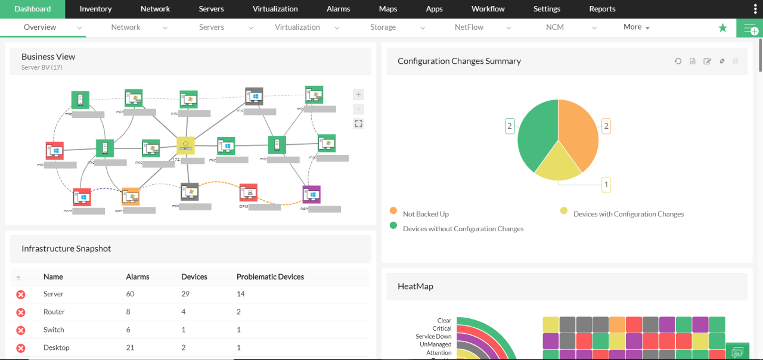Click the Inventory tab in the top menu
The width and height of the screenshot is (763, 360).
pos(95,9)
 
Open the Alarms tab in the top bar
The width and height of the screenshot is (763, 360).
pos(339,9)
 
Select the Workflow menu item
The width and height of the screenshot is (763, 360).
pos(488,9)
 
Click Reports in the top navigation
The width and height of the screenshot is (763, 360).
pos(602,9)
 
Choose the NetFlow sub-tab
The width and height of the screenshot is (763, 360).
pos(469,27)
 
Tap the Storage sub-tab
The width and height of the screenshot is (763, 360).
pos(383,27)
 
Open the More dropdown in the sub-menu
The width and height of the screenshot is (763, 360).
pos(636,27)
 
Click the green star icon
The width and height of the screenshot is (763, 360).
pos(722,28)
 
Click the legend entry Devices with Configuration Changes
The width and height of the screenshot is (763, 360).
pos(628,214)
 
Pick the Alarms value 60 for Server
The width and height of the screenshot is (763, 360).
pos(131,294)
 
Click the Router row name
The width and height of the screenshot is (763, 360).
pos(54,312)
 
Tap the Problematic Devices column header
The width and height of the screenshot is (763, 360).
pos(270,277)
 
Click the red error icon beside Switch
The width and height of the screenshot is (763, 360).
pos(21,330)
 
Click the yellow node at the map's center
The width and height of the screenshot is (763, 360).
pos(186,145)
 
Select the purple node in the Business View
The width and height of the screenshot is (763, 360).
pos(311,194)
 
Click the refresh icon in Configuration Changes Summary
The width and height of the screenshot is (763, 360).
pos(678,61)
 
